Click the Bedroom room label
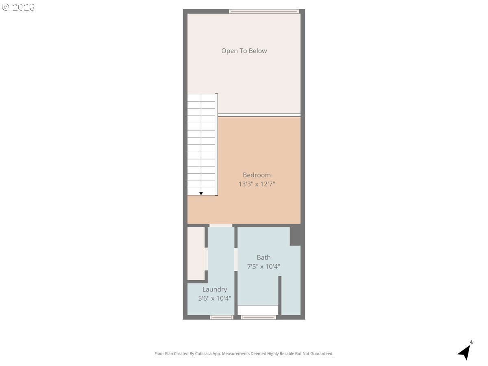pyautogui.click(x=257, y=175)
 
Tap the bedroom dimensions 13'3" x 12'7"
pyautogui.click(x=257, y=184)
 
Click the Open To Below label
pyautogui.click(x=244, y=51)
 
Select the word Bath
pyautogui.click(x=264, y=257)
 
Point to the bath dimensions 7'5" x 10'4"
pyautogui.click(x=264, y=266)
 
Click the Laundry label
pyautogui.click(x=215, y=289)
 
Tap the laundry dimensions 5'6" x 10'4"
pyautogui.click(x=215, y=298)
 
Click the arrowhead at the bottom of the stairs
pyautogui.click(x=201, y=194)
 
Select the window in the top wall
pyautogui.click(x=264, y=11)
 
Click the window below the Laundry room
pyautogui.click(x=222, y=317)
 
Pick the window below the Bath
pyautogui.click(x=258, y=317)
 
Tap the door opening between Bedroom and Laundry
pyautogui.click(x=221, y=225)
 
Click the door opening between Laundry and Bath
pyautogui.click(x=236, y=259)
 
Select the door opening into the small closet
pyautogui.click(x=206, y=259)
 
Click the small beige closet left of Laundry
pyautogui.click(x=196, y=253)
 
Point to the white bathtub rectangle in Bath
pyautogui.click(x=258, y=310)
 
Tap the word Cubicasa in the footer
pyautogui.click(x=203, y=353)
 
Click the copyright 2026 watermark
pyautogui.click(x=18, y=7)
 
